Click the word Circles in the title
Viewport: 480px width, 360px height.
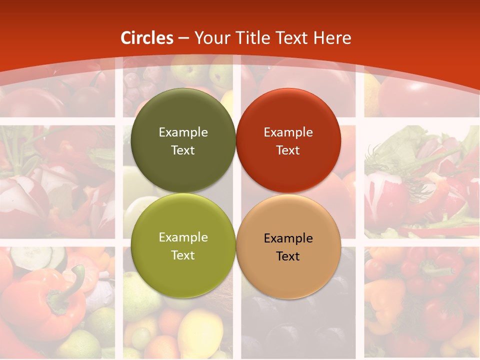click(x=147, y=38)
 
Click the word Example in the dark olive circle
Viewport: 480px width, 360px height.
click(x=183, y=132)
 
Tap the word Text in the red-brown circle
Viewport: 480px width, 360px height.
click(x=288, y=150)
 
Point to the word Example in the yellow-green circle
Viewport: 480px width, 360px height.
click(x=183, y=237)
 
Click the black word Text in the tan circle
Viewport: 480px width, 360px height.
click(x=288, y=256)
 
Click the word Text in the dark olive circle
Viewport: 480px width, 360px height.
click(x=183, y=150)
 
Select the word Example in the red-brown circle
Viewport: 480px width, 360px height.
click(x=288, y=132)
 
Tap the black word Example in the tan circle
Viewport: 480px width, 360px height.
click(x=288, y=238)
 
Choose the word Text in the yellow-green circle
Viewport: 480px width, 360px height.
click(x=183, y=255)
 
